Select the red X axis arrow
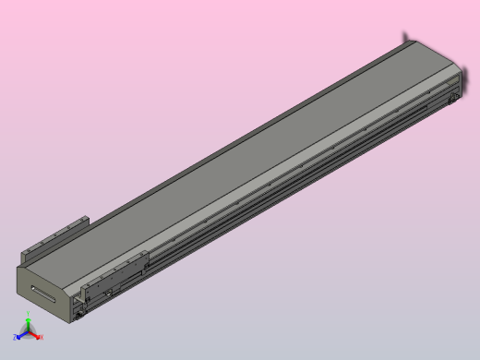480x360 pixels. pyautogui.click(x=35, y=335)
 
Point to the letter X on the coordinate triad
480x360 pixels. pyautogui.click(x=41, y=338)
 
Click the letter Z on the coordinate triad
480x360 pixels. pyautogui.click(x=15, y=338)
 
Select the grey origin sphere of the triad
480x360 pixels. pyautogui.click(x=28, y=332)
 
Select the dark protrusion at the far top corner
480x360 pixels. pyautogui.click(x=405, y=38)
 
